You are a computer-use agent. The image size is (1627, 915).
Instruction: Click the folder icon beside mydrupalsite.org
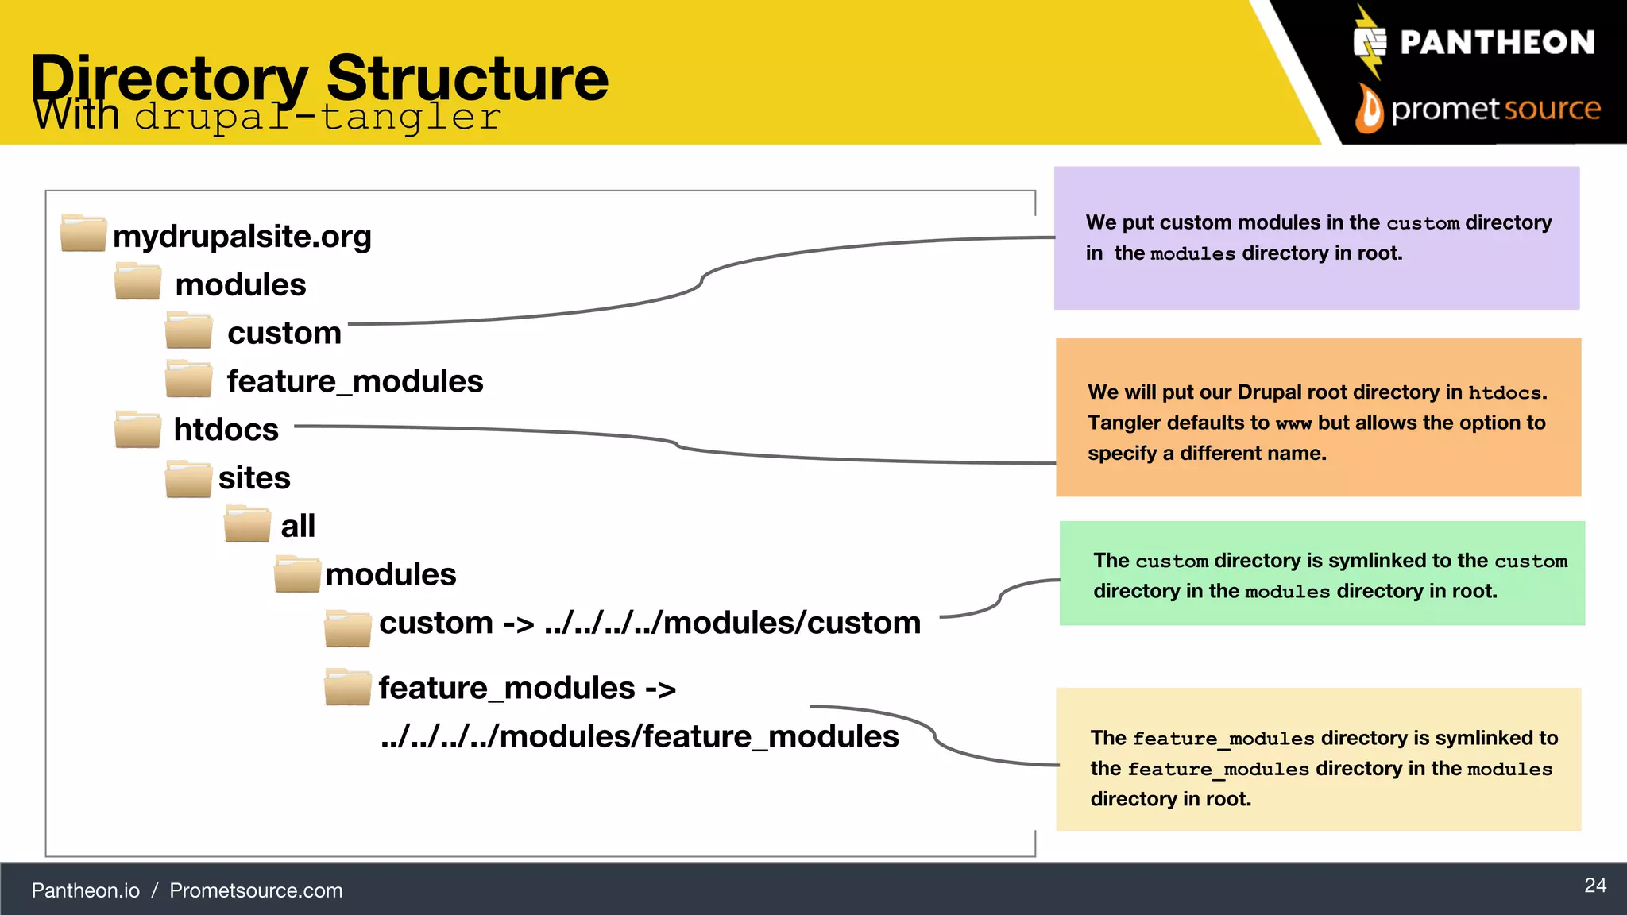click(83, 234)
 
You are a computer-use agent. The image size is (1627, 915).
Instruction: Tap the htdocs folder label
click(226, 430)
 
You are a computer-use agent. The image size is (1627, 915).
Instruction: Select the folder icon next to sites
click(188, 479)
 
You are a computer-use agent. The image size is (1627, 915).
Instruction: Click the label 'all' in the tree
click(298, 526)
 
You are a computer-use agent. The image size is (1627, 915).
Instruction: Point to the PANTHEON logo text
click(1497, 43)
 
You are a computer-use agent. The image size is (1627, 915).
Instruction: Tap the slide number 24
click(1594, 886)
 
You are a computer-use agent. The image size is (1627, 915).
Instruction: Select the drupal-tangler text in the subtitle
click(318, 118)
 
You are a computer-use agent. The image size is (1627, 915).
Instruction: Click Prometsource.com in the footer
click(256, 890)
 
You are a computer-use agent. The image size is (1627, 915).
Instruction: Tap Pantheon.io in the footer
click(86, 890)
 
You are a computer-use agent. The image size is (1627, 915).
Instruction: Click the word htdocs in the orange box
click(1505, 392)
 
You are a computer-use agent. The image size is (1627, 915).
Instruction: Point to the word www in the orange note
click(1293, 423)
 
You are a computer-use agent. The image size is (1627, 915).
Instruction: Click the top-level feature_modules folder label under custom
click(355, 381)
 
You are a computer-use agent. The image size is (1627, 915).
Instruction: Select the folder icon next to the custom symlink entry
click(347, 628)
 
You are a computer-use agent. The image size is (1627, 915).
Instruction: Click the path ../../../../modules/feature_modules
click(640, 736)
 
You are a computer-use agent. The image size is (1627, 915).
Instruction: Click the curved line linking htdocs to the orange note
click(675, 442)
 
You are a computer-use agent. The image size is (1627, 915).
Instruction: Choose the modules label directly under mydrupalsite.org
click(241, 284)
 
